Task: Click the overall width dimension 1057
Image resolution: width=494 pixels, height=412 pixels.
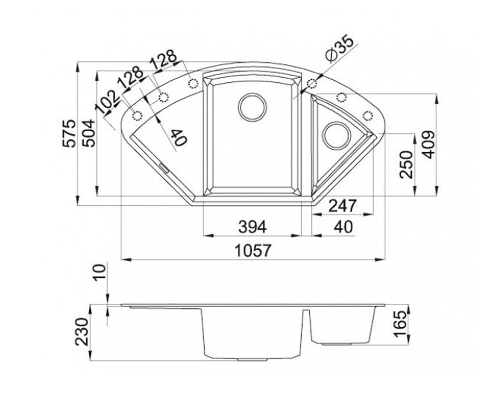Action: pyautogui.click(x=252, y=251)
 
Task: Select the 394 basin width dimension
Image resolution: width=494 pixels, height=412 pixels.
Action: pyautogui.click(x=252, y=227)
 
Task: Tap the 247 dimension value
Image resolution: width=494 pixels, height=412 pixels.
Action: pyautogui.click(x=343, y=206)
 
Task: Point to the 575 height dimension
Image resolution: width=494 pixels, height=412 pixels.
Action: pyautogui.click(x=70, y=133)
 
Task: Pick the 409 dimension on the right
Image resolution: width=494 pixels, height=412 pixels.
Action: pyautogui.click(x=429, y=145)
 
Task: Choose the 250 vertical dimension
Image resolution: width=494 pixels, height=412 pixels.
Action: pyautogui.click(x=406, y=164)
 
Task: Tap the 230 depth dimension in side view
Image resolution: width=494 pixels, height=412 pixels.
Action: pyautogui.click(x=82, y=332)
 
